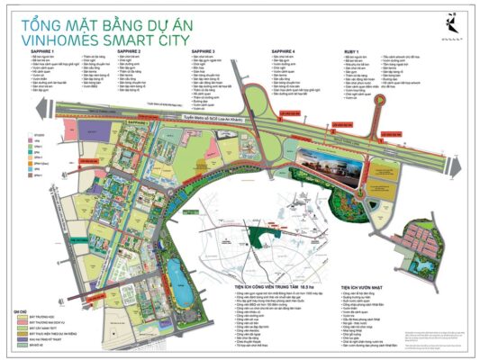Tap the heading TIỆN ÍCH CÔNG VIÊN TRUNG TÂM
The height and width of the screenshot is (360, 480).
coord(271,256)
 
